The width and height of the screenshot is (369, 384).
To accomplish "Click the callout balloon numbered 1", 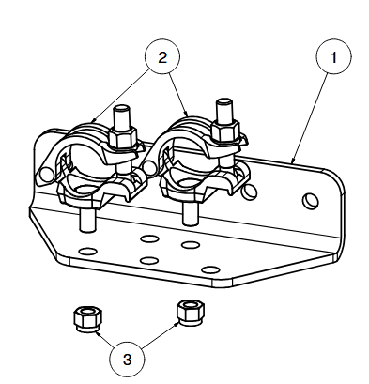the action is tap(333, 56).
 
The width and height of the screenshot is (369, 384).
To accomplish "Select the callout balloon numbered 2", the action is tap(162, 56).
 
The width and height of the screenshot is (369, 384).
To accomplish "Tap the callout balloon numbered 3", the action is tap(127, 360).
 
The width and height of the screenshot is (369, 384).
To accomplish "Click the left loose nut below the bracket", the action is tap(88, 319).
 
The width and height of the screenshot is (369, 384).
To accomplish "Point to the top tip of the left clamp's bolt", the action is tap(122, 107).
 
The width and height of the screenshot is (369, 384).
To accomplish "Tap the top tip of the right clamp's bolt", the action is tap(224, 101).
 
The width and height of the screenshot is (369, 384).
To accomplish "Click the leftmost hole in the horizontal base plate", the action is tap(87, 251).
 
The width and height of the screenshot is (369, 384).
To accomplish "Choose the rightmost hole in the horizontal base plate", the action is tap(210, 269).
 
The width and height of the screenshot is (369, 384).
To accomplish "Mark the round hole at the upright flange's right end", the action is tap(311, 201).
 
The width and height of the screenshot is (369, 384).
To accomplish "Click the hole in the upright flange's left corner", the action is tap(46, 175).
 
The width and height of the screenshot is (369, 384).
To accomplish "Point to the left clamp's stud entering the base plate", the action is tap(87, 220).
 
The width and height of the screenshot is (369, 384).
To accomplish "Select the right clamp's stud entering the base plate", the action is tap(191, 214).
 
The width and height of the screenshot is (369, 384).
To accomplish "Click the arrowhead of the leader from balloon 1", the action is tap(293, 161).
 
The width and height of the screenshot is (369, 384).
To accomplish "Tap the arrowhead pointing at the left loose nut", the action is tap(98, 334).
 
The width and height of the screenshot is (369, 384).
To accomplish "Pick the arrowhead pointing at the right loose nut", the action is tap(177, 324).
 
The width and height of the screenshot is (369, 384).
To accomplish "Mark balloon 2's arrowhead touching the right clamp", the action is tap(187, 114).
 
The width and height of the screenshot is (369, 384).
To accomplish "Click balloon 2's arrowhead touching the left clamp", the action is tap(93, 119).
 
